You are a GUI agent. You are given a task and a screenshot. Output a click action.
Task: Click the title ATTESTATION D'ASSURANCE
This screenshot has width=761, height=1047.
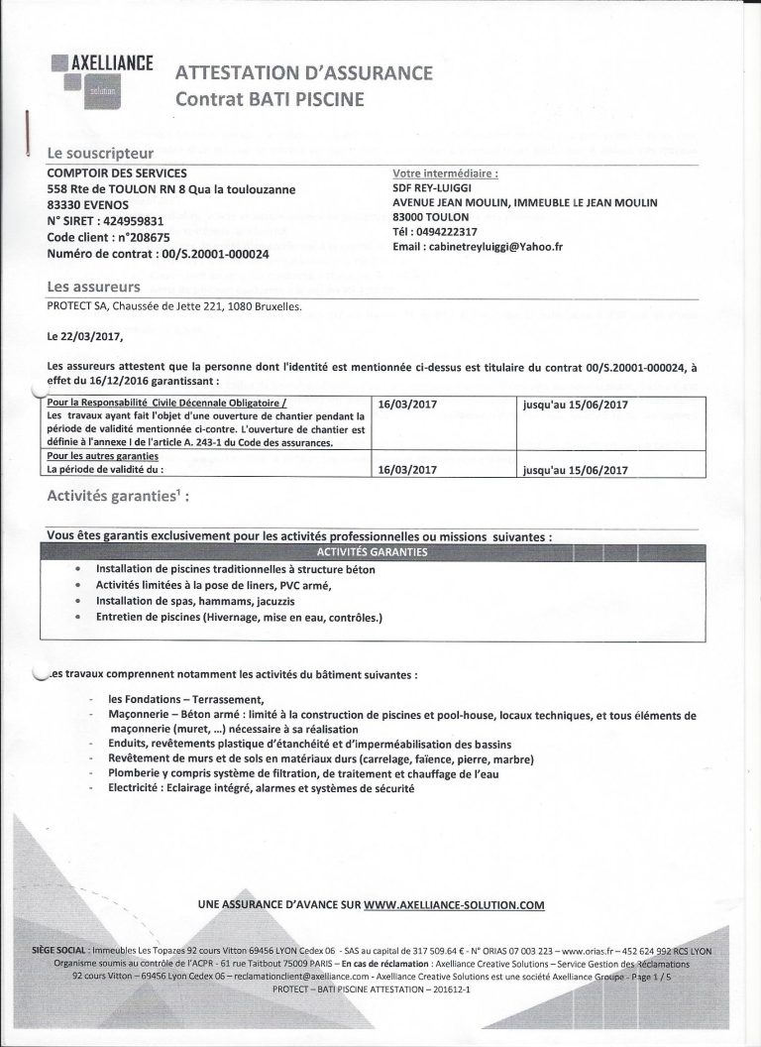coord(303,73)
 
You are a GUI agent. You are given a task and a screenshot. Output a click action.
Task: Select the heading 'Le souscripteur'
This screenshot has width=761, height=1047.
coord(101,154)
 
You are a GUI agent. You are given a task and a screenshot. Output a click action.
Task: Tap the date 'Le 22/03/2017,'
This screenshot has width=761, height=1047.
coord(89,336)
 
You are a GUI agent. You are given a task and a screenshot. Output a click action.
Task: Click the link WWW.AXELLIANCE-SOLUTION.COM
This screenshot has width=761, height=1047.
coord(455,905)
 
